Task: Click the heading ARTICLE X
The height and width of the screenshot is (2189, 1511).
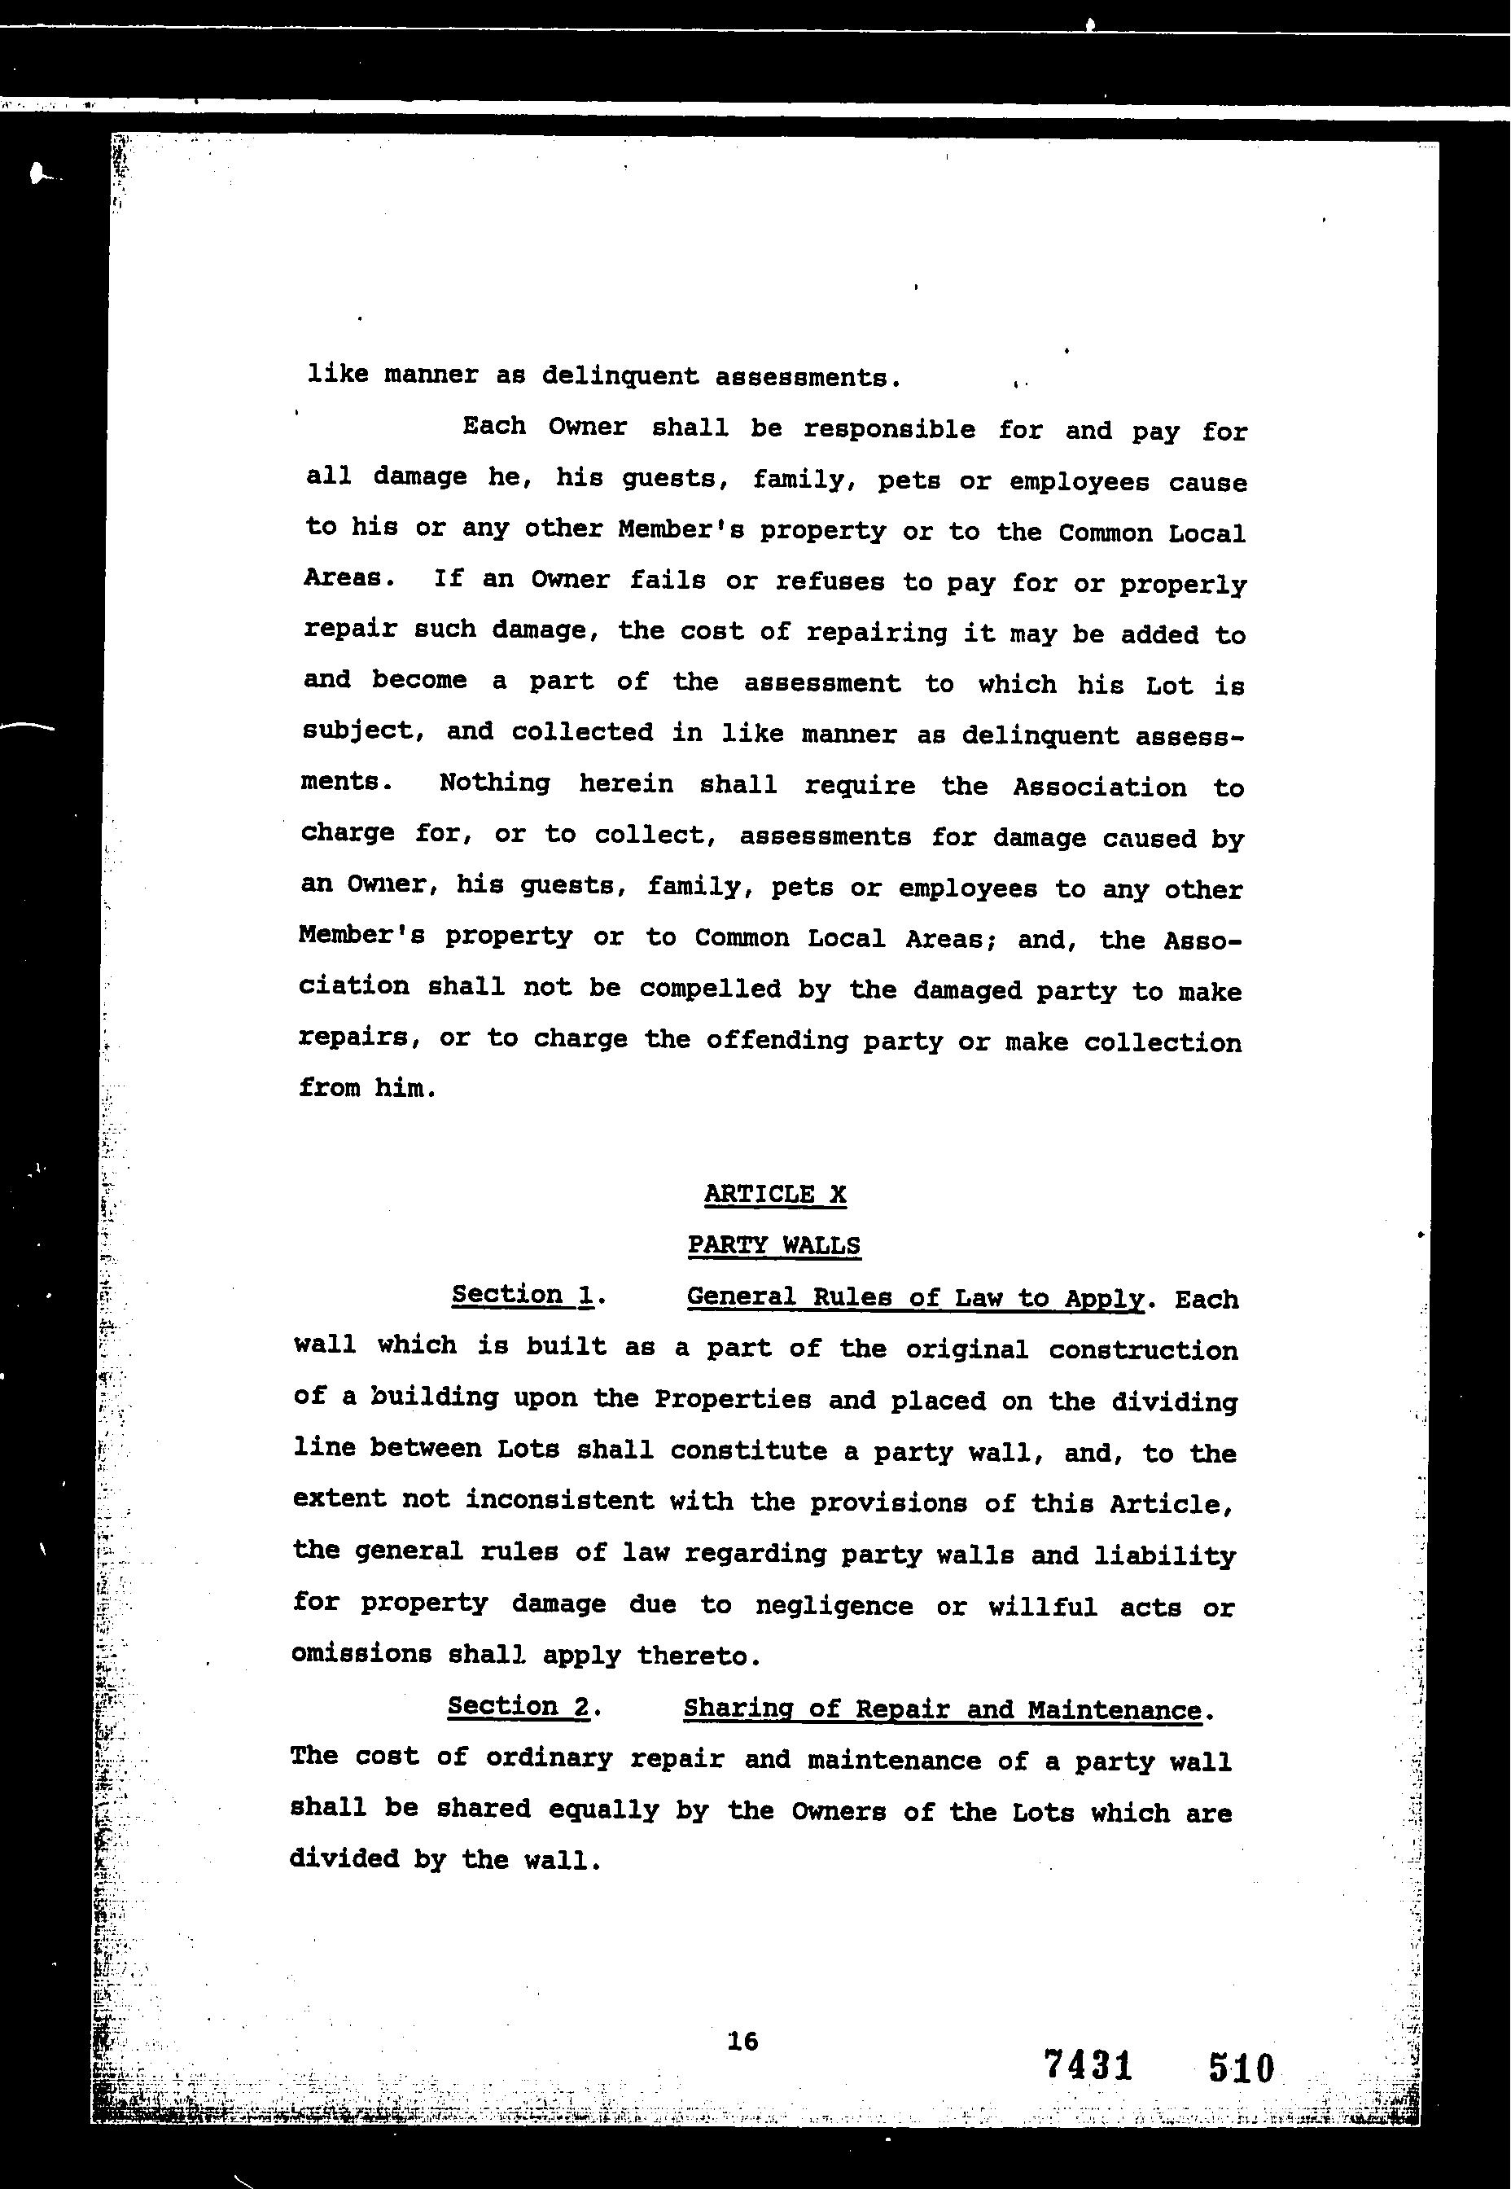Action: (774, 1194)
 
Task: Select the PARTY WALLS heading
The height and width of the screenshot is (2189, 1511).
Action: (773, 1245)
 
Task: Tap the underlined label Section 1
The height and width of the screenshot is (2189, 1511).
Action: (523, 1294)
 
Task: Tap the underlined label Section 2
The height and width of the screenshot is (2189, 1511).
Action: (519, 1706)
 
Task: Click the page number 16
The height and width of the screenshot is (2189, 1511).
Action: (743, 2040)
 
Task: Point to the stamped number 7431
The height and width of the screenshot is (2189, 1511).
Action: (1088, 2065)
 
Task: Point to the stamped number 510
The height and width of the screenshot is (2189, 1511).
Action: (1242, 2068)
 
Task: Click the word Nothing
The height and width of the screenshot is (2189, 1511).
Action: (494, 783)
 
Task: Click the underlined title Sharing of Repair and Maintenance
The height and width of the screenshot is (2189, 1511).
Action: (942, 1710)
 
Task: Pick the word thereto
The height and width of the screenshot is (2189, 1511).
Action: (698, 1656)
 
